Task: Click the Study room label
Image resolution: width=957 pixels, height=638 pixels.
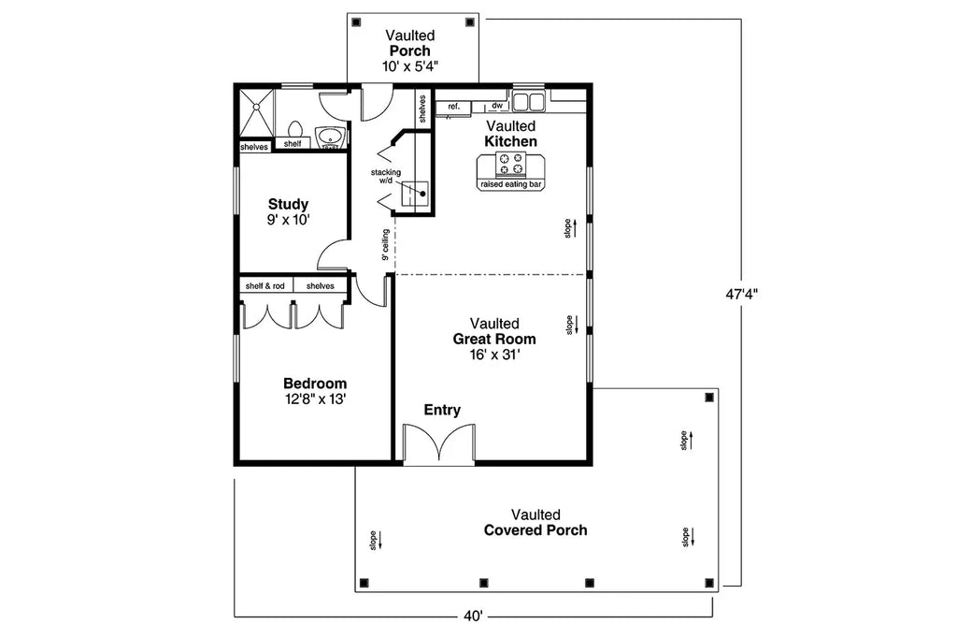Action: pos(288,211)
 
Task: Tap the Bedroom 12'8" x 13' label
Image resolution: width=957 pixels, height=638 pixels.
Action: pos(315,391)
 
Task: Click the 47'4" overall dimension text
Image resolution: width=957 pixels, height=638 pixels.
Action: pos(741,293)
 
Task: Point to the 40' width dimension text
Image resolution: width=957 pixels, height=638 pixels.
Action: pos(472,616)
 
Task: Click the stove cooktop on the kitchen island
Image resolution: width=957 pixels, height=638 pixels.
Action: pos(510,165)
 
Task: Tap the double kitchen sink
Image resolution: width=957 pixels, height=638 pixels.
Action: pos(529,100)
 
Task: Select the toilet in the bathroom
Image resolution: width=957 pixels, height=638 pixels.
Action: pos(294,130)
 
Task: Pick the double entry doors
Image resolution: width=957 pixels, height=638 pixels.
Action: pos(438,443)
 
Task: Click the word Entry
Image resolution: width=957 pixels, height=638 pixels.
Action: pos(442,410)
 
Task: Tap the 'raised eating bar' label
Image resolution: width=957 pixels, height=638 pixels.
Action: pos(510,185)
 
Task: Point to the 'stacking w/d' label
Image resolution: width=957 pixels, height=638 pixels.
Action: pos(385,177)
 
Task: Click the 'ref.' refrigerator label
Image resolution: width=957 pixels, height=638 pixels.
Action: pos(454,107)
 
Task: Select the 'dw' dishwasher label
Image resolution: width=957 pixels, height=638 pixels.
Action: pos(496,107)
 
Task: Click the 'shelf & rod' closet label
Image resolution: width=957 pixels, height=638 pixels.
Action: pos(265,286)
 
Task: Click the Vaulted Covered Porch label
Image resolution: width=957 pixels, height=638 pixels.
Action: pos(536,523)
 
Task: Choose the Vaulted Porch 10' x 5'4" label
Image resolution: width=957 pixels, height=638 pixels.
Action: pos(410,51)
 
